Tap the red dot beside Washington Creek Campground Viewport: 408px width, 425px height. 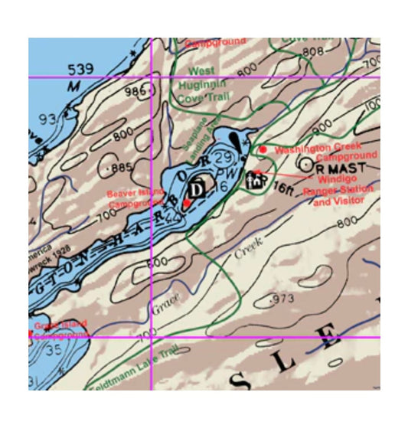click(263, 149)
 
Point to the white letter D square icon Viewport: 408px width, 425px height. click(197, 188)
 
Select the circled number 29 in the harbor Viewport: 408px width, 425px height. click(224, 158)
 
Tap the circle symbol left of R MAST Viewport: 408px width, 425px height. click(305, 164)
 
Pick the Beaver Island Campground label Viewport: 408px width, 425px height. click(133, 199)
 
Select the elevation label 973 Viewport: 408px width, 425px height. click(282, 297)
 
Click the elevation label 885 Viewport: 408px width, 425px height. click(122, 168)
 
